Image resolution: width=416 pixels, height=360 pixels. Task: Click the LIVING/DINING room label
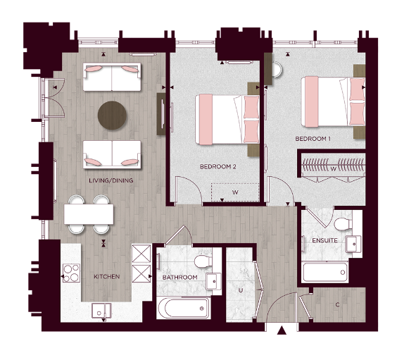coord(111,181)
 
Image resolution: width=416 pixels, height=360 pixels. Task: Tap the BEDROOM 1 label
coord(313,139)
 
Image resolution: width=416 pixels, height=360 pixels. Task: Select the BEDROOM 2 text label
coord(218,167)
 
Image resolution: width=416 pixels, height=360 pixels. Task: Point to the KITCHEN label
coord(106,276)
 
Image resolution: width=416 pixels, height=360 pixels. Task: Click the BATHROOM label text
coord(179,278)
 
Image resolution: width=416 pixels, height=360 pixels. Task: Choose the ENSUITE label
coord(324,241)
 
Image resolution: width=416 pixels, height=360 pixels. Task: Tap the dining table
coord(88,214)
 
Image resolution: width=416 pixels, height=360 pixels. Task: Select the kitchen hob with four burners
coord(71,273)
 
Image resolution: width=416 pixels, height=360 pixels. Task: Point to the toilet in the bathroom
coord(203,262)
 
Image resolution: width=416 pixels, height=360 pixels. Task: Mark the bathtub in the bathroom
coord(184,308)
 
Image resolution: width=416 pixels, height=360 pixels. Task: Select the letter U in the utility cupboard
coord(241,290)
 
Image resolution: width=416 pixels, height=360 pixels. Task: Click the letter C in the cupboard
coord(337,305)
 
